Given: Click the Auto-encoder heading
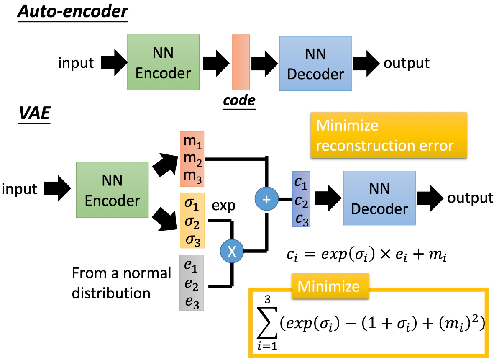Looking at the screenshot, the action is coord(73,12).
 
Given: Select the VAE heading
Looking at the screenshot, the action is coord(35,113).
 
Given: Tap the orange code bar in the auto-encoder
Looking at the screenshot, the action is coord(241,62).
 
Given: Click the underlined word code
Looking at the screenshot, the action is coord(239,100).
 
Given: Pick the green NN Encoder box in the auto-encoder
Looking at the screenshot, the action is coord(163,62).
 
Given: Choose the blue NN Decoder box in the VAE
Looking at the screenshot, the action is coord(379,198).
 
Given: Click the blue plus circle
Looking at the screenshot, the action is coord(266,199).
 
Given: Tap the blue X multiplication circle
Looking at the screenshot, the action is coord(232,251).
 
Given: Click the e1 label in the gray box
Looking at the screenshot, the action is coord(191,265).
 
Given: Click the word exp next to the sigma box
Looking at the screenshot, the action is coord(223,206).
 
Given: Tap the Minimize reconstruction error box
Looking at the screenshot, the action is coord(389,135).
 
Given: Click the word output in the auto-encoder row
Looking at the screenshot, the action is coord(407,63).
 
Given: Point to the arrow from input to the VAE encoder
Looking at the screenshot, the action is coord(58,188).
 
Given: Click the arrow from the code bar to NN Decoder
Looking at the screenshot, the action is coord(265,64).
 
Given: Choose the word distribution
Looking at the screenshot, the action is coord(111,293).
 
